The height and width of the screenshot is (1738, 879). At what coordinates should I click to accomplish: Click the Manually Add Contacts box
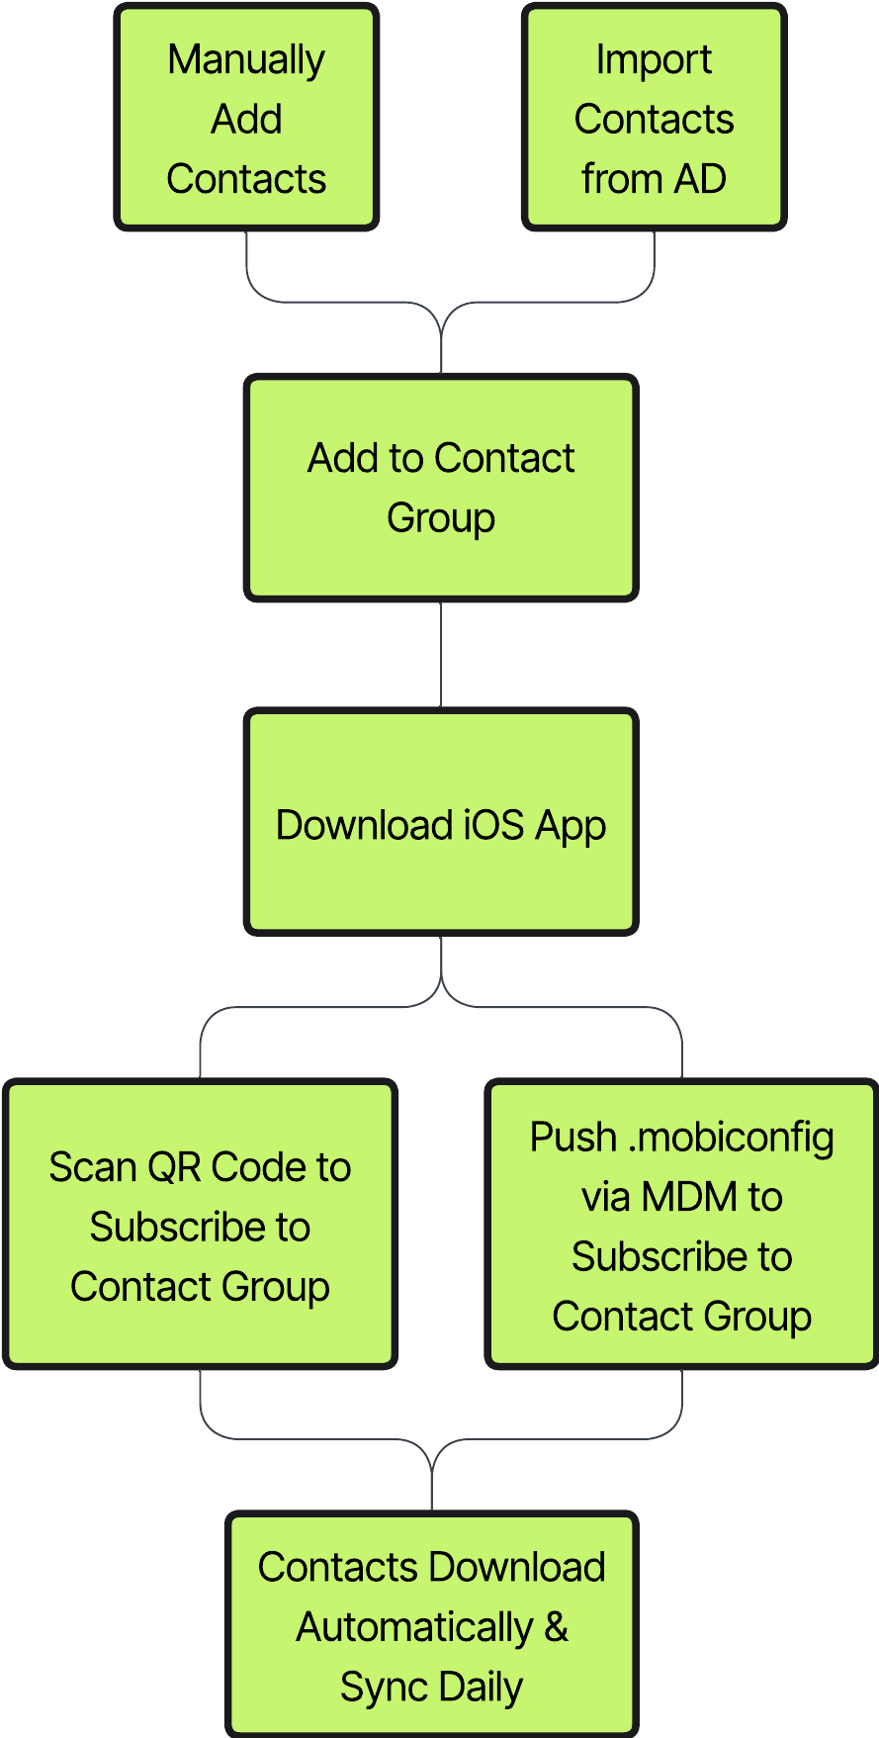[246, 119]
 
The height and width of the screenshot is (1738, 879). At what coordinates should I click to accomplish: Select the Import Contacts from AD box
[654, 119]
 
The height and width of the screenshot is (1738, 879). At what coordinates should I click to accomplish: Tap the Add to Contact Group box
[440, 488]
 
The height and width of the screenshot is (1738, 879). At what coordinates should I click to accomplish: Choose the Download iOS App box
[440, 823]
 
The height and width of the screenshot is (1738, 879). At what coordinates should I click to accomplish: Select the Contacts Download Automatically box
[431, 1625]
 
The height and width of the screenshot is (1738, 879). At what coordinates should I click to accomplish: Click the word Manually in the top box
[246, 60]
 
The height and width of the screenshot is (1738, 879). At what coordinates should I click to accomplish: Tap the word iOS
[493, 825]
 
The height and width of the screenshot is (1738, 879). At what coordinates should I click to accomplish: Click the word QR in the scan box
[173, 1167]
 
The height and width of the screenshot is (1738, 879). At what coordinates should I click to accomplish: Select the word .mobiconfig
[731, 1138]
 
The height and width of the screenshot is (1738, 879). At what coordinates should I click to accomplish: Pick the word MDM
[689, 1197]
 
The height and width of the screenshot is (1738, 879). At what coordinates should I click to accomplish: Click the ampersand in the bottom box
[556, 1626]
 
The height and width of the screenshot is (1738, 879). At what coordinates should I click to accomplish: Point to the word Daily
[481, 1687]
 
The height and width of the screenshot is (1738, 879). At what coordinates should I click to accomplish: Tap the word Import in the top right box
[654, 60]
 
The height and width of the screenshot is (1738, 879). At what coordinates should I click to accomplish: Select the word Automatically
[414, 1627]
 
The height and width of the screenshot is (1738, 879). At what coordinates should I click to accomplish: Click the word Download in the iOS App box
[363, 825]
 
